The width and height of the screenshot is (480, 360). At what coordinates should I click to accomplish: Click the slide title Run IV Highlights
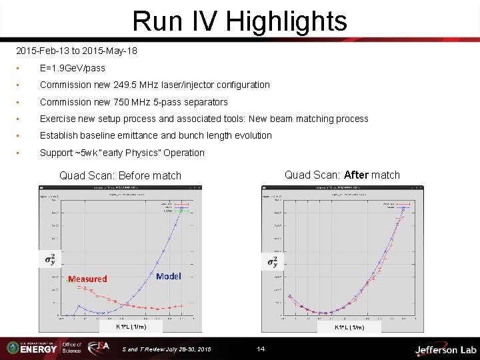pyautogui.click(x=240, y=21)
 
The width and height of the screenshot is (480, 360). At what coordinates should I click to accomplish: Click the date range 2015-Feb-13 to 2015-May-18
pyautogui.click(x=77, y=51)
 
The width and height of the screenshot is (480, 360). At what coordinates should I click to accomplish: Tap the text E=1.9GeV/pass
pyautogui.click(x=73, y=68)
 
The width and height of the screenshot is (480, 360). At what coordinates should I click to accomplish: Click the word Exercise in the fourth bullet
pyautogui.click(x=58, y=119)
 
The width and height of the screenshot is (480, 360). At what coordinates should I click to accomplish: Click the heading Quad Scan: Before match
pyautogui.click(x=120, y=176)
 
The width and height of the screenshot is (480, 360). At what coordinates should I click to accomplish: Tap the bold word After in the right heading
pyautogui.click(x=356, y=175)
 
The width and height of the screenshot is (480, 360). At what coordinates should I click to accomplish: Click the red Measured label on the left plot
pyautogui.click(x=87, y=279)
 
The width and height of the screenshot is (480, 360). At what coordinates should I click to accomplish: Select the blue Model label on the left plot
pyautogui.click(x=168, y=276)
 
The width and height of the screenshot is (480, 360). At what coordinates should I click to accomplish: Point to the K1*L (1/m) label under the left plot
pyautogui.click(x=131, y=327)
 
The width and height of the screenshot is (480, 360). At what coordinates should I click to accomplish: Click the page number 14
pyautogui.click(x=261, y=349)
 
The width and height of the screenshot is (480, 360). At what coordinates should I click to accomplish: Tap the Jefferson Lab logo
pyautogui.click(x=445, y=349)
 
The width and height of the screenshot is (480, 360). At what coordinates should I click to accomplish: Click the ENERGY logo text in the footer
pyautogui.click(x=38, y=349)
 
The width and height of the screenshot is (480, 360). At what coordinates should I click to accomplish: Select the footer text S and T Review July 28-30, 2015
pyautogui.click(x=167, y=349)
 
